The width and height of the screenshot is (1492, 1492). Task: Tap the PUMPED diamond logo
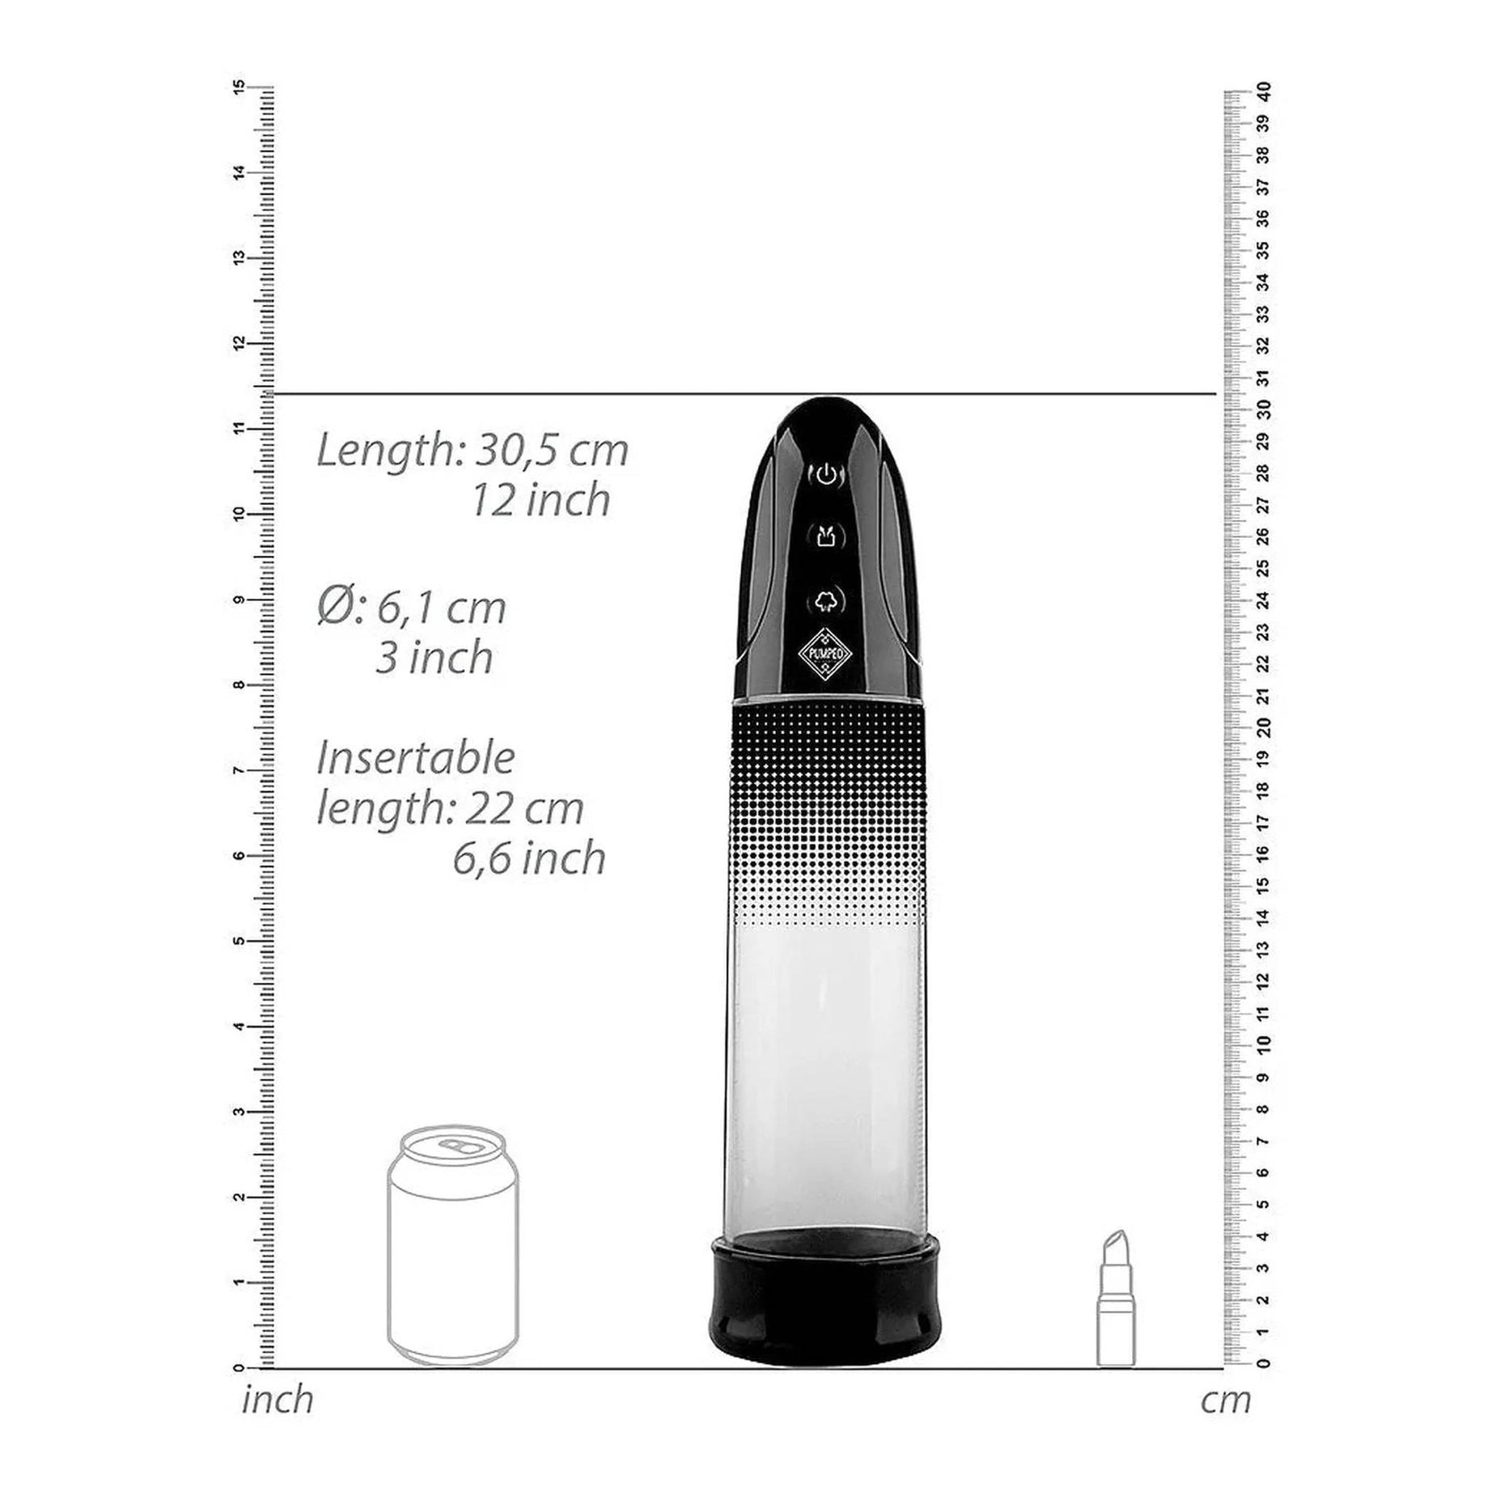click(825, 653)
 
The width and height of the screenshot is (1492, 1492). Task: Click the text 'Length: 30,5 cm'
click(472, 450)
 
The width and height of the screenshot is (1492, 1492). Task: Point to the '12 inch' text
click(540, 500)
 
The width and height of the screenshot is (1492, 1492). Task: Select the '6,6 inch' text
click(529, 858)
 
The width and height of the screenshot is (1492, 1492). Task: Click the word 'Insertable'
click(415, 758)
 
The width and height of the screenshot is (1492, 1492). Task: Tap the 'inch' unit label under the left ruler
click(278, 1400)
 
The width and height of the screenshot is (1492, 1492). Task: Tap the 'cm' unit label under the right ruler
click(1225, 1400)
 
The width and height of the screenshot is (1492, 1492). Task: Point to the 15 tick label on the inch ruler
click(239, 87)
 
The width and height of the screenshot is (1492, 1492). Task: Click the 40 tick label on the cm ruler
click(1265, 91)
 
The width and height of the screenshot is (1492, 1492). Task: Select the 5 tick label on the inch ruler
click(239, 941)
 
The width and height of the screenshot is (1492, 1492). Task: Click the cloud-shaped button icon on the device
click(825, 600)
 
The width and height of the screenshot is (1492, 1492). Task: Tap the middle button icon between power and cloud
click(825, 536)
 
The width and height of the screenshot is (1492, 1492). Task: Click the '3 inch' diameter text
click(434, 657)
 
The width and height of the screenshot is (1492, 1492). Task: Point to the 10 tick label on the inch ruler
click(239, 514)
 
